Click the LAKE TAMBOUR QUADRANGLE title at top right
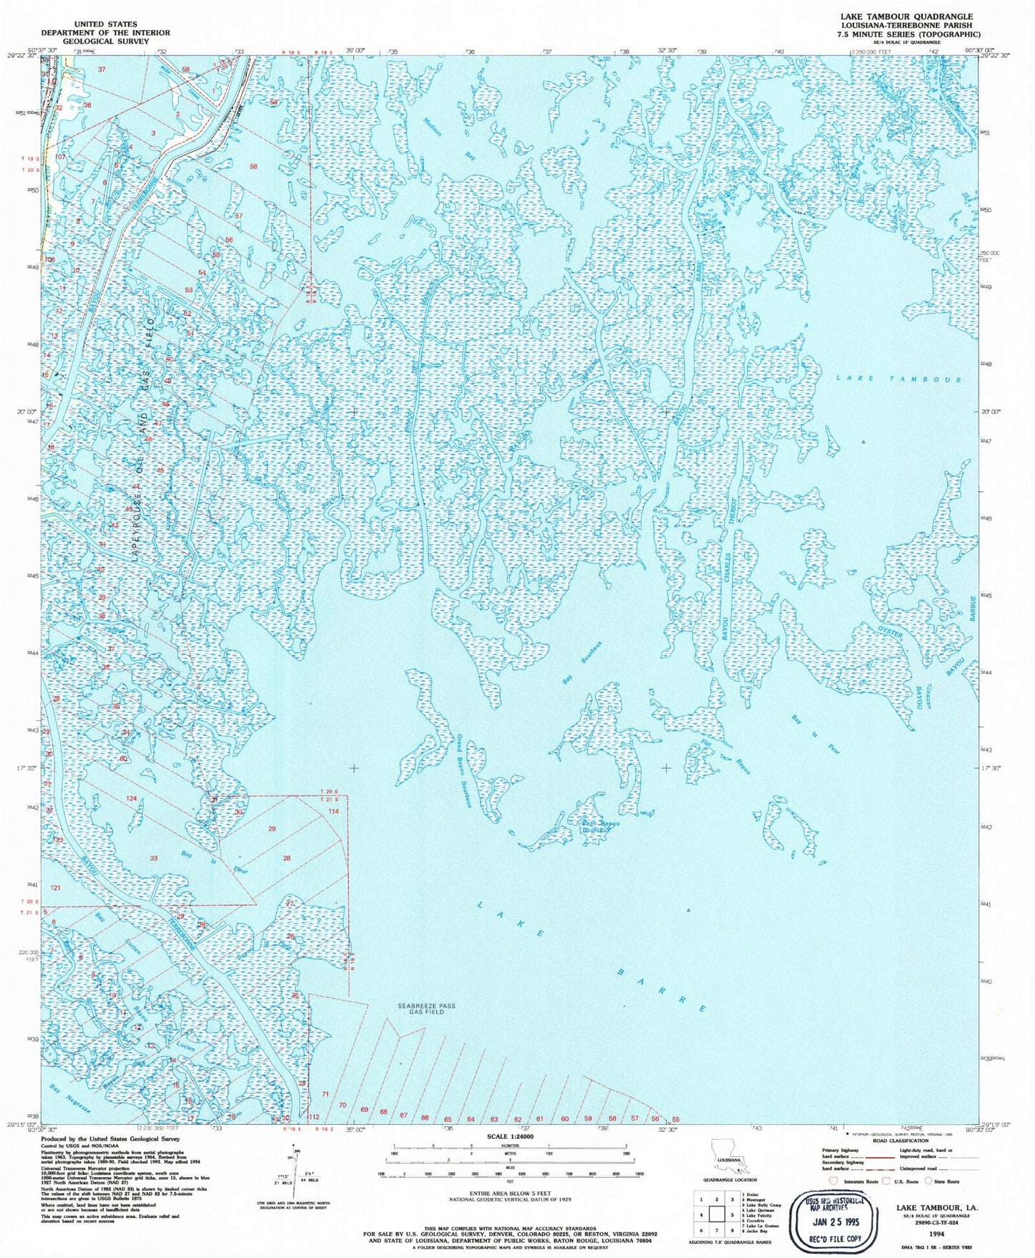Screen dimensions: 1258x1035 910,16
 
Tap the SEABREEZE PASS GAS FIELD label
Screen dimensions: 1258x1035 427,1009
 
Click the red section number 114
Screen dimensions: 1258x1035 333,811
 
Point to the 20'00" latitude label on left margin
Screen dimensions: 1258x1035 27,412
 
